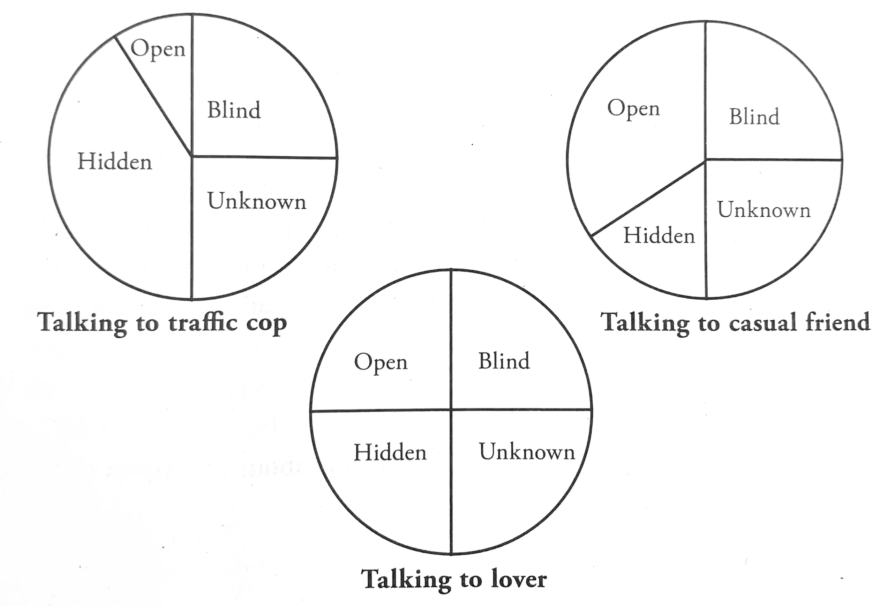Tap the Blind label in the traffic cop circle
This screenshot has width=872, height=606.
pyautogui.click(x=234, y=111)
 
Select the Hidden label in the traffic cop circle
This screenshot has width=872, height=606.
pyautogui.click(x=115, y=162)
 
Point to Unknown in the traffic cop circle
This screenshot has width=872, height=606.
pyautogui.click(x=257, y=201)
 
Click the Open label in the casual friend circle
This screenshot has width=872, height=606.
pyautogui.click(x=633, y=109)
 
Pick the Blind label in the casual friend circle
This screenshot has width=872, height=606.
pyautogui.click(x=754, y=117)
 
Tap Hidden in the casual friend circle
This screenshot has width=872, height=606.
pyautogui.click(x=659, y=236)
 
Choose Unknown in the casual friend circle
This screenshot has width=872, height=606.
pyautogui.click(x=764, y=210)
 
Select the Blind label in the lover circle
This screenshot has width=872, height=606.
pyautogui.click(x=504, y=361)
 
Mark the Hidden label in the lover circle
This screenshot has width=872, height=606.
pyautogui.click(x=390, y=453)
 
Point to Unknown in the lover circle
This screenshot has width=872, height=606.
pyautogui.click(x=527, y=452)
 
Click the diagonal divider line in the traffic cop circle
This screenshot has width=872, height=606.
pyautogui.click(x=153, y=96)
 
